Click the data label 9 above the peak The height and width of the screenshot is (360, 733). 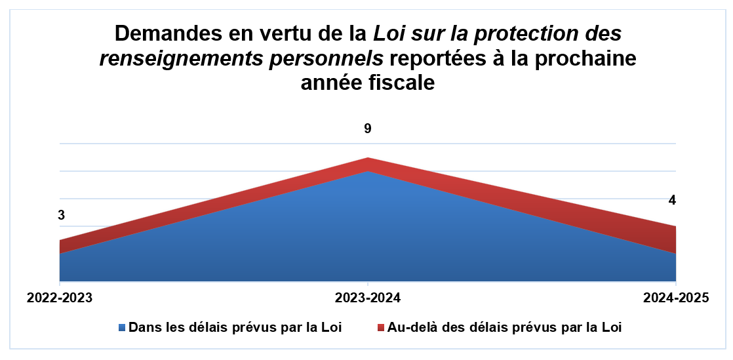click(368, 129)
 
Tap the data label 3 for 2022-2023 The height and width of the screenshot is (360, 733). click(61, 216)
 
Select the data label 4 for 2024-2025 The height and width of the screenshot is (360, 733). click(671, 200)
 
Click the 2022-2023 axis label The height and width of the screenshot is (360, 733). click(60, 298)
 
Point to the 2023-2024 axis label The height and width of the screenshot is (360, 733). click(368, 298)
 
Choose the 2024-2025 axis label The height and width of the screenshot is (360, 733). click(676, 298)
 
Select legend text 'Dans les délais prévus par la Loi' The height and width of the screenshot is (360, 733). click(235, 327)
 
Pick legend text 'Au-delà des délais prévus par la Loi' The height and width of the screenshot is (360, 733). click(504, 327)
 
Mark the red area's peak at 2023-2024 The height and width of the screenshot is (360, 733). click(368, 159)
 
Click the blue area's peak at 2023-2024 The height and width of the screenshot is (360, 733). click(368, 173)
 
